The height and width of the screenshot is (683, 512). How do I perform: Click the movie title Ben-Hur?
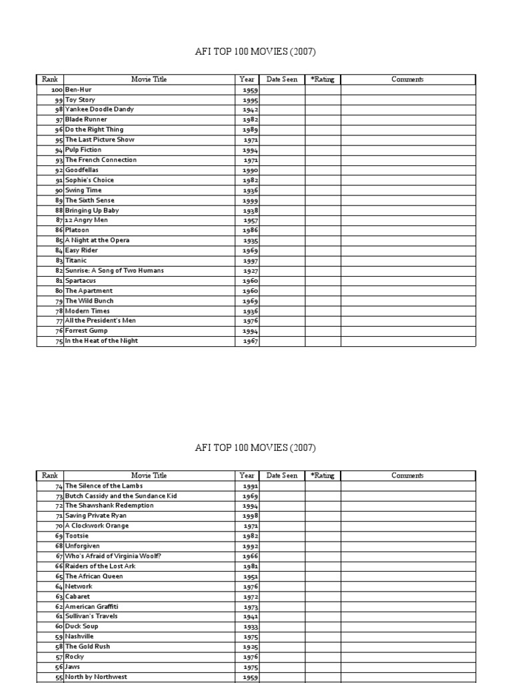tap(79, 89)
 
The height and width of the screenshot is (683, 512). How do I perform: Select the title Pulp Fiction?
tap(83, 150)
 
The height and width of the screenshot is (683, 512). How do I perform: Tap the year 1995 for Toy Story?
tap(250, 100)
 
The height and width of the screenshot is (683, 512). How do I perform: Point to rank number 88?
tap(59, 210)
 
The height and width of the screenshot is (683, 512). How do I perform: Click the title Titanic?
tap(76, 261)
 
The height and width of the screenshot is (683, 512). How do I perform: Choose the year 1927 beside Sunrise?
tap(250, 271)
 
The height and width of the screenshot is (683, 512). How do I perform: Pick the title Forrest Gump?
tap(86, 331)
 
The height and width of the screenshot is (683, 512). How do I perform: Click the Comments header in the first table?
tap(407, 79)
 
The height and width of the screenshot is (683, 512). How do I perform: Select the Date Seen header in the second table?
tap(282, 476)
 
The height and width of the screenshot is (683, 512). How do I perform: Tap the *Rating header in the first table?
tap(323, 79)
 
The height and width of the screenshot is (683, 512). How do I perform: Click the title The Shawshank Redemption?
tap(109, 506)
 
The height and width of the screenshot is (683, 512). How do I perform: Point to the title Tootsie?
tap(77, 536)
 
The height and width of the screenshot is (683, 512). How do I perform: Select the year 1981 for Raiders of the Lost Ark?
tap(250, 566)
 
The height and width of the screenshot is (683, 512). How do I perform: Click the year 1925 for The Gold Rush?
tap(250, 647)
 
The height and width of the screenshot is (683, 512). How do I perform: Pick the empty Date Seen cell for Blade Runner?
tap(282, 120)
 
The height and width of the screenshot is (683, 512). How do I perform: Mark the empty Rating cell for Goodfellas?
tap(323, 170)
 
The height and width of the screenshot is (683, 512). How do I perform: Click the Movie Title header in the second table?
tap(149, 476)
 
